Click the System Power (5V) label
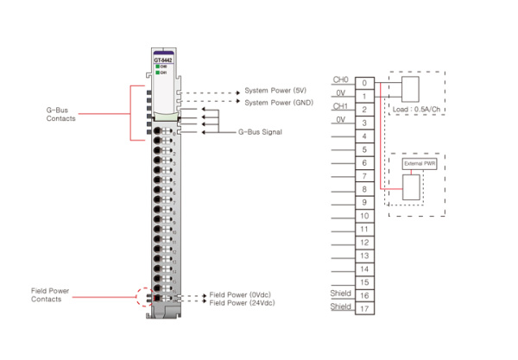pyautogui.click(x=274, y=92)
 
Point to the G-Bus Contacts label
pyautogui.click(x=61, y=115)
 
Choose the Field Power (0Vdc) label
pyautogui.click(x=239, y=295)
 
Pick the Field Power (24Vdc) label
pyautogui.click(x=241, y=303)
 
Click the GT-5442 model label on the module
pyautogui.click(x=163, y=59)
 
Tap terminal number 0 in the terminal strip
pyautogui.click(x=365, y=83)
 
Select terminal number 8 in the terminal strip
pyautogui.click(x=365, y=189)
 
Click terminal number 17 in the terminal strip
pyautogui.click(x=365, y=308)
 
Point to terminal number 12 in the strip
pyautogui.click(x=365, y=242)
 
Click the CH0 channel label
pyautogui.click(x=340, y=79)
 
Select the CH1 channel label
pyautogui.click(x=340, y=106)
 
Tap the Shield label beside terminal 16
pyautogui.click(x=341, y=292)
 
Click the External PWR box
pyautogui.click(x=418, y=163)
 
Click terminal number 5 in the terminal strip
pyautogui.click(x=365, y=149)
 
